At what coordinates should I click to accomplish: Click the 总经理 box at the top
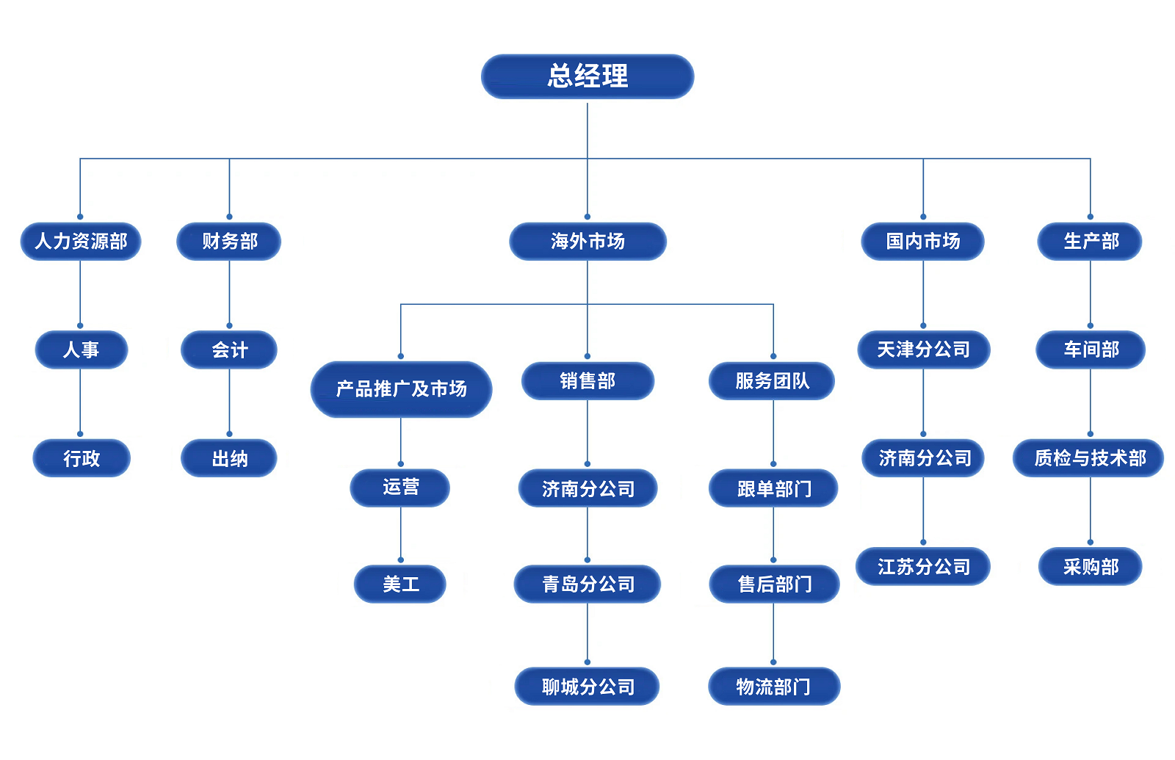point(587,76)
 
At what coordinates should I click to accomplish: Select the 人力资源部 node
point(81,241)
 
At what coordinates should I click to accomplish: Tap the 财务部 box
point(229,241)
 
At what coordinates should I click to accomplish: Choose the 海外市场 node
point(587,241)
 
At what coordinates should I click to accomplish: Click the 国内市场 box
point(922,241)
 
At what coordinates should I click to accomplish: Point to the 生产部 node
point(1090,241)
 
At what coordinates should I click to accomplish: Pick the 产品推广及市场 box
point(401,388)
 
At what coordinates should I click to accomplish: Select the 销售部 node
point(587,380)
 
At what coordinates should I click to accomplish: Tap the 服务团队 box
point(772,380)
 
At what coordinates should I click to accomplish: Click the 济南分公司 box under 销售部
point(587,488)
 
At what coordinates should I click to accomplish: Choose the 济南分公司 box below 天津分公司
point(923,458)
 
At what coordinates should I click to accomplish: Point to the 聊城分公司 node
point(587,687)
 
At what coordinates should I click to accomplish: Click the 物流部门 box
point(774,687)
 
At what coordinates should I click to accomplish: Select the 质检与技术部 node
point(1089,458)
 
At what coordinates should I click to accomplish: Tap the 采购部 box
point(1090,567)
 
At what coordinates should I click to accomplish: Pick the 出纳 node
point(229,458)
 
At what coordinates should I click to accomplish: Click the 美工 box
point(400,585)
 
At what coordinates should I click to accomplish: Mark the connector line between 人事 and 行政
point(80,400)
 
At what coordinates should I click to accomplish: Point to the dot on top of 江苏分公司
point(923,543)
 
